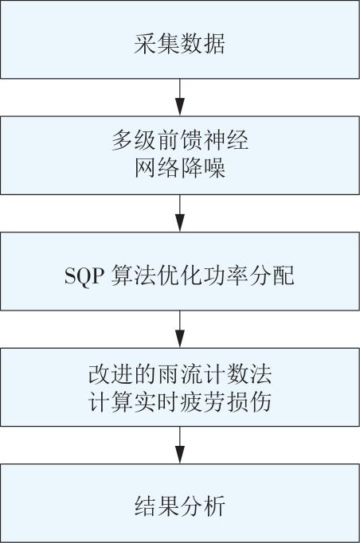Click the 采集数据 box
click(x=180, y=39)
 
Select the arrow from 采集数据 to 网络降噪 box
click(x=180, y=97)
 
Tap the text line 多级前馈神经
click(x=180, y=141)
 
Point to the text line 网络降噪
click(x=180, y=168)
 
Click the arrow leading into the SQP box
click(x=180, y=213)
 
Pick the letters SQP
click(x=83, y=276)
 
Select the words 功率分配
click(x=248, y=275)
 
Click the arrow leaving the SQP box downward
click(x=180, y=329)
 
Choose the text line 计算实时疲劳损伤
click(x=180, y=402)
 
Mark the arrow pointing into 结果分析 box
click(x=180, y=445)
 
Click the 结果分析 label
click(x=180, y=506)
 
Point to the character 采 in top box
click(x=145, y=43)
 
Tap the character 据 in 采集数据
click(x=214, y=43)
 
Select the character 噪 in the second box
click(x=214, y=168)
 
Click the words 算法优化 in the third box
click(x=156, y=275)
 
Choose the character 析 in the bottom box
click(x=214, y=506)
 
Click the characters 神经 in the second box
click(x=226, y=141)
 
